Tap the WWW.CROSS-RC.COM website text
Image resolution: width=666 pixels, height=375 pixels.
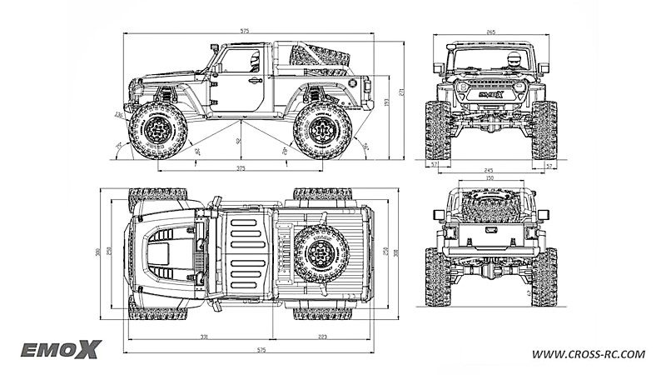tap(589, 354)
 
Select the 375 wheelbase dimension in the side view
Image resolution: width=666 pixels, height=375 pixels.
tap(241, 168)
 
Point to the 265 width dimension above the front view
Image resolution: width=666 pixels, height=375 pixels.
tap(490, 32)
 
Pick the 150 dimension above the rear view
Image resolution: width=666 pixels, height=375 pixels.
tap(490, 177)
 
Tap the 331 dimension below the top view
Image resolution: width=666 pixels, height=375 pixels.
tap(203, 336)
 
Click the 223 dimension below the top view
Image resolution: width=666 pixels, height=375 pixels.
tap(322, 336)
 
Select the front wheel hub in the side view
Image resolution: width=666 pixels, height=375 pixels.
tap(157, 130)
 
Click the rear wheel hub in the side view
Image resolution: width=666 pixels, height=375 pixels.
tap(322, 130)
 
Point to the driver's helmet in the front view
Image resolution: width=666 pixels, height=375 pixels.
tap(514, 60)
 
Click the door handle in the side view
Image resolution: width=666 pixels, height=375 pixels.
tap(254, 81)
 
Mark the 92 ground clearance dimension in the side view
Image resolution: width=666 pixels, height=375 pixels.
tap(239, 141)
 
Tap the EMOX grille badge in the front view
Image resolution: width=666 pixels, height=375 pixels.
tap(490, 94)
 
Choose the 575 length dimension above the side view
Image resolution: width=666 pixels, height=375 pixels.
tap(244, 31)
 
